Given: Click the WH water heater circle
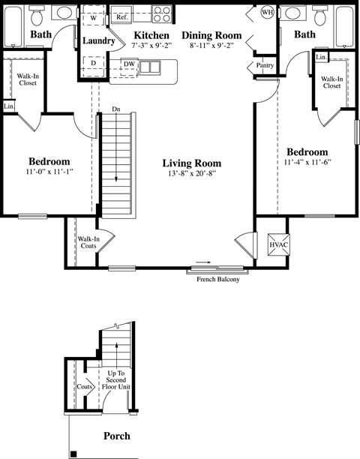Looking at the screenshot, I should (x=267, y=13).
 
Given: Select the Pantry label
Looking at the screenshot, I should (x=265, y=66).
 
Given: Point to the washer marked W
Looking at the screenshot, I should (x=92, y=17).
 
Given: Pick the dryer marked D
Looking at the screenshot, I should (x=92, y=64).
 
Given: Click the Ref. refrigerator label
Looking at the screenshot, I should (x=121, y=16).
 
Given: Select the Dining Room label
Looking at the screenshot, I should (x=211, y=35).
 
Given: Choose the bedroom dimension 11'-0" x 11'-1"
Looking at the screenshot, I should (x=49, y=172).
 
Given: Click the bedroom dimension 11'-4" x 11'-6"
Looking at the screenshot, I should (x=307, y=162).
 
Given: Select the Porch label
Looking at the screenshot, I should (x=116, y=436).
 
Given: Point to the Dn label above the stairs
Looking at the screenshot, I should (x=116, y=108).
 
